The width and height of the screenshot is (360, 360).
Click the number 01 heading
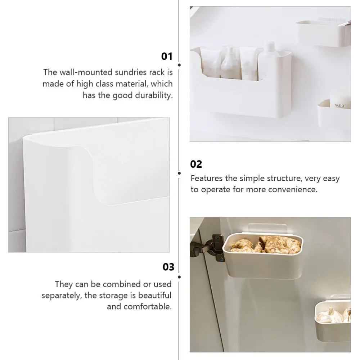pyautogui.click(x=167, y=56)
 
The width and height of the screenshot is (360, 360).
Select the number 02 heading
pyautogui.click(x=196, y=164)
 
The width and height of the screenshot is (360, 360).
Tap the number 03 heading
pyautogui.click(x=168, y=267)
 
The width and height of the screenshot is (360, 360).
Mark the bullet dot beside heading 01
pyautogui.click(x=179, y=65)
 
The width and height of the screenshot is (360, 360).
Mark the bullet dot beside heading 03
pyautogui.click(x=179, y=276)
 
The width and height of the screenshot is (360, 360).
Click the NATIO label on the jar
pyautogui.click(x=339, y=105)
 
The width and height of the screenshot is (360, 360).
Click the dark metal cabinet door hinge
pyautogui.click(x=211, y=248)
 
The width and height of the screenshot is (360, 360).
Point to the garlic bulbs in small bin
pyautogui.click(x=335, y=315)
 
